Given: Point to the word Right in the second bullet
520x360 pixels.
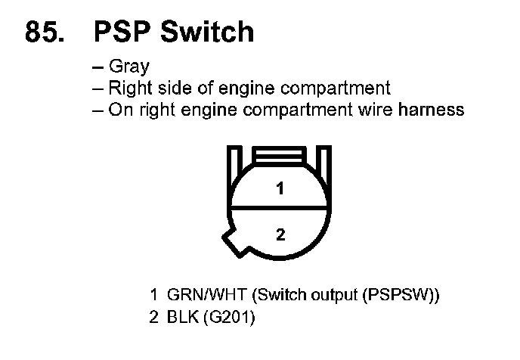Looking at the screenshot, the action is (129, 88).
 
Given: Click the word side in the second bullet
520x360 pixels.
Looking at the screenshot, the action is (172, 88).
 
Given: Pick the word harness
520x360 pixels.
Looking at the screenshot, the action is (433, 110).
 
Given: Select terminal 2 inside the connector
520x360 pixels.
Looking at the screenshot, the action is (280, 234).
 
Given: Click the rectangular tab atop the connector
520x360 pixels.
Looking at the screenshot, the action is (280, 157).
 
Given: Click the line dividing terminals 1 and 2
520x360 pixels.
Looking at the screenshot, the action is (280, 207).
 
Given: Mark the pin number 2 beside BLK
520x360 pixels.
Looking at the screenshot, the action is (153, 318).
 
